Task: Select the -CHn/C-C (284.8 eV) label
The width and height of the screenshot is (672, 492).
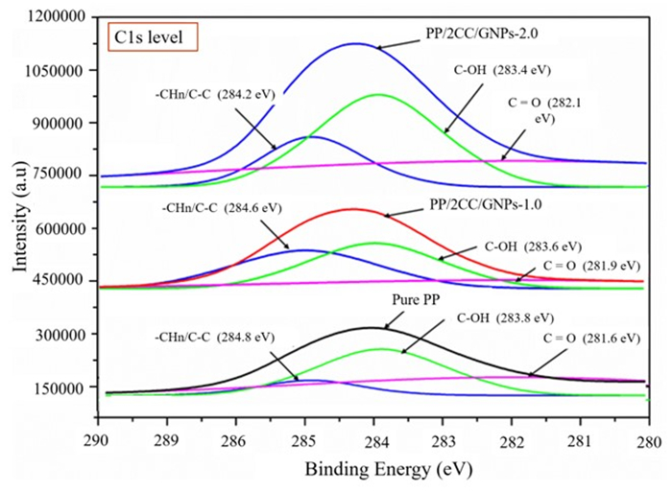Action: click(214, 337)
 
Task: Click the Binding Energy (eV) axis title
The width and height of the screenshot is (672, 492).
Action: click(374, 470)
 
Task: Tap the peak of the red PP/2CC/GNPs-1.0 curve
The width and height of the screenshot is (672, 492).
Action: click(352, 209)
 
